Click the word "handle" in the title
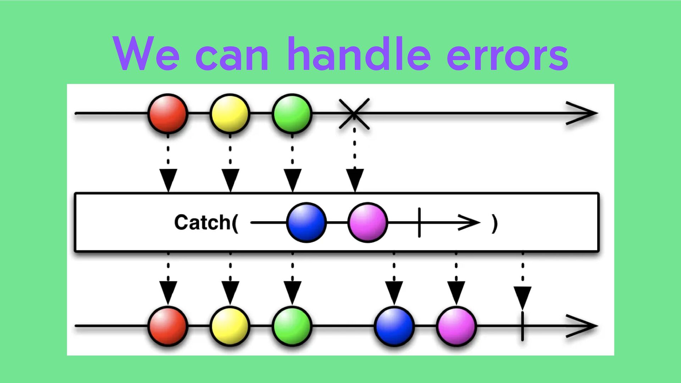point(359,54)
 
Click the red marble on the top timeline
point(168,113)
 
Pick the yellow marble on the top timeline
point(230,113)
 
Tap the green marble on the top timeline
point(292,113)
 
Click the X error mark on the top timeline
point(354,113)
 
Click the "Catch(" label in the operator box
point(206,223)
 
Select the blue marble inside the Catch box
point(306,223)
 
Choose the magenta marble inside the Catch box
point(367,223)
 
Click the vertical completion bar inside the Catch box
point(419,223)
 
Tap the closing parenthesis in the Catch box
point(495,223)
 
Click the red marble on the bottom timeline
point(168,326)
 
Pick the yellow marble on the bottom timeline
point(230,326)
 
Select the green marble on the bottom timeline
point(292,326)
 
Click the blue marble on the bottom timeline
point(394,326)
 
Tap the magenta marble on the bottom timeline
point(456,326)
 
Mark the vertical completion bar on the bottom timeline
point(522,326)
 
